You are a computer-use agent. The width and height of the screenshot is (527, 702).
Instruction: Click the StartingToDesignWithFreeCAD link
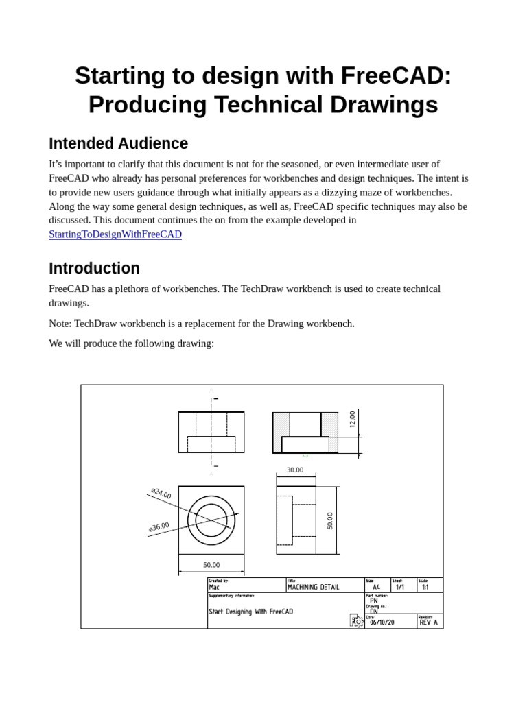click(x=115, y=234)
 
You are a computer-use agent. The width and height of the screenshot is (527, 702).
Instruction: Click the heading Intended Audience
click(x=118, y=144)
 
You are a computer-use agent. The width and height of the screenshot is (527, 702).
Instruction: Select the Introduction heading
click(x=94, y=268)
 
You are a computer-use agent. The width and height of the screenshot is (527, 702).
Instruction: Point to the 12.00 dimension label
click(x=353, y=420)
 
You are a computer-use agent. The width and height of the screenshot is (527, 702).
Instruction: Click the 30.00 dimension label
click(x=295, y=470)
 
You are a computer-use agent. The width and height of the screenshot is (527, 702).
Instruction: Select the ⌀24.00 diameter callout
click(x=161, y=494)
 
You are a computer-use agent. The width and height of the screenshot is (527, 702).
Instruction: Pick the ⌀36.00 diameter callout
click(x=159, y=527)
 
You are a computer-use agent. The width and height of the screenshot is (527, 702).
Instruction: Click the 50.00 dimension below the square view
click(x=211, y=565)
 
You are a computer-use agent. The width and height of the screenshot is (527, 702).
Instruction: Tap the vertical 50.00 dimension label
click(x=330, y=521)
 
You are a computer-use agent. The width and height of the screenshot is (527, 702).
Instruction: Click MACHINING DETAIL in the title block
click(x=313, y=588)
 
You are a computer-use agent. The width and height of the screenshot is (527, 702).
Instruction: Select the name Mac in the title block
click(x=214, y=588)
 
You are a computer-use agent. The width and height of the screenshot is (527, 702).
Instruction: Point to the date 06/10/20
click(x=382, y=622)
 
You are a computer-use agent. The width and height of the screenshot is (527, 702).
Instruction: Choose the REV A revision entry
click(x=428, y=622)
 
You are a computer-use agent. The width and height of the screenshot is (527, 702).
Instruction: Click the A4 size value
click(x=376, y=588)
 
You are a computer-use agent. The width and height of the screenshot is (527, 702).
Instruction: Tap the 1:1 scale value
click(x=425, y=588)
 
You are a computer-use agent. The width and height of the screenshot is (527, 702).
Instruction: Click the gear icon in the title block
click(x=357, y=621)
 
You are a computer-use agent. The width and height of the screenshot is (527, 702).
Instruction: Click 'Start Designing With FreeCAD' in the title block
click(x=250, y=612)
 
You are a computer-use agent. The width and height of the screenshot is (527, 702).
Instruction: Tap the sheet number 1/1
click(x=400, y=588)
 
